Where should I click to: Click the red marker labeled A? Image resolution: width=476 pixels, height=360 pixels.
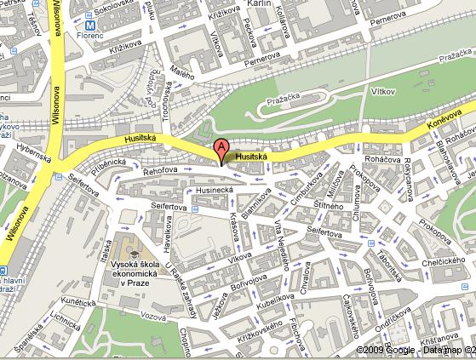coord(221,149)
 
